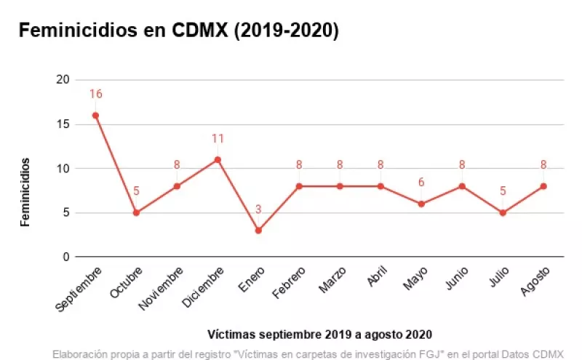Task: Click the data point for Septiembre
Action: [95, 115]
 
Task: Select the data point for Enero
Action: [258, 231]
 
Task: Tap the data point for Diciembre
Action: [218, 159]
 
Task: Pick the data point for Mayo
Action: [421, 204]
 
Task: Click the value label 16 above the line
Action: [95, 95]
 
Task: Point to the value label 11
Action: [218, 139]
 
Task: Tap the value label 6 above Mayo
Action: [421, 183]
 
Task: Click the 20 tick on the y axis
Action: [63, 80]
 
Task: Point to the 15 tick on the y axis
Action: [63, 124]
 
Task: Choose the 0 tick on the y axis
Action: [66, 257]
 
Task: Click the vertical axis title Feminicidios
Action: [25, 191]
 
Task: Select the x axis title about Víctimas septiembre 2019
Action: [319, 335]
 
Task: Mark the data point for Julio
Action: [503, 212]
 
